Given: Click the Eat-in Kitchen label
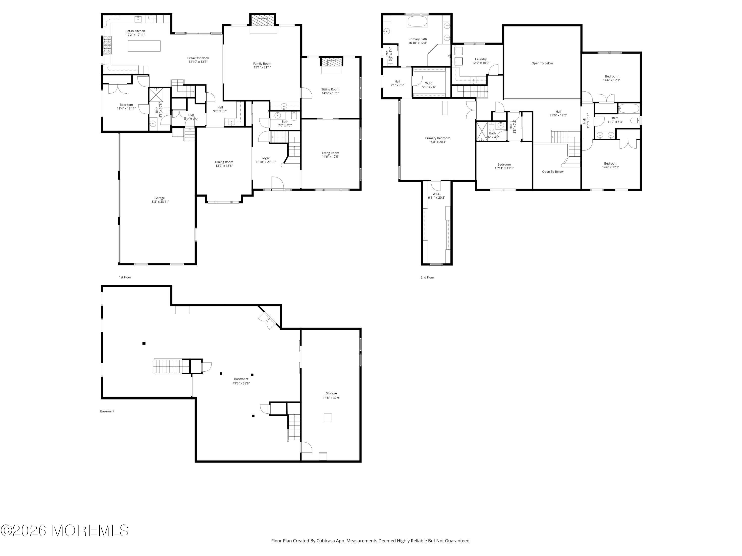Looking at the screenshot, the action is (135, 31).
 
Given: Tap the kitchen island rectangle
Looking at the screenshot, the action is (144, 46).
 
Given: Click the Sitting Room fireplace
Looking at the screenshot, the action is (331, 62).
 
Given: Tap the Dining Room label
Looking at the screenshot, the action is (224, 162).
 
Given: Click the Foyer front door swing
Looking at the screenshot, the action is (278, 183).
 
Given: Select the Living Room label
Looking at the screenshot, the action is (330, 153).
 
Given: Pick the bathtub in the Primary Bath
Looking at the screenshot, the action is (417, 21).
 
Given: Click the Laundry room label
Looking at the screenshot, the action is (481, 59).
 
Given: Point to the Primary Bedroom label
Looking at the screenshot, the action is (438, 138).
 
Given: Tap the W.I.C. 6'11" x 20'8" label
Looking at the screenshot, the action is (436, 196).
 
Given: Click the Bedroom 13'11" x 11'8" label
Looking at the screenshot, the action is (504, 166).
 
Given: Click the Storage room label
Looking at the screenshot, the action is (331, 393).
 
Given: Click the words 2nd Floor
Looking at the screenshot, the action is (427, 278).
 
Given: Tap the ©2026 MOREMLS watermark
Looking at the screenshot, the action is (64, 531).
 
